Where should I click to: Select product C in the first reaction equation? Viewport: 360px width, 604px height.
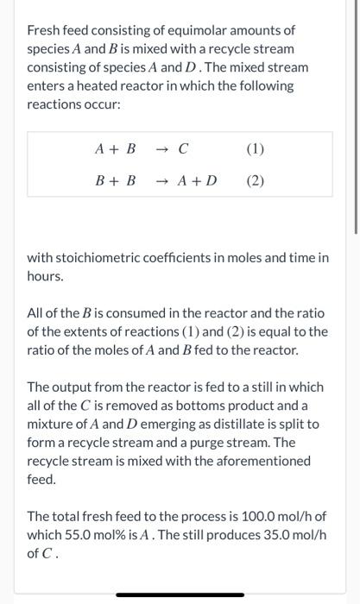[x=183, y=148]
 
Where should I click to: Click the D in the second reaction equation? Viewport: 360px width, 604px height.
[x=212, y=181]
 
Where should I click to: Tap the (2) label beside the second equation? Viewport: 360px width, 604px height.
[x=255, y=181]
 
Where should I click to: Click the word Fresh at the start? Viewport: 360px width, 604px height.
[x=46, y=30]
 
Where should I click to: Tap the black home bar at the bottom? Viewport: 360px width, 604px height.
[x=180, y=595]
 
